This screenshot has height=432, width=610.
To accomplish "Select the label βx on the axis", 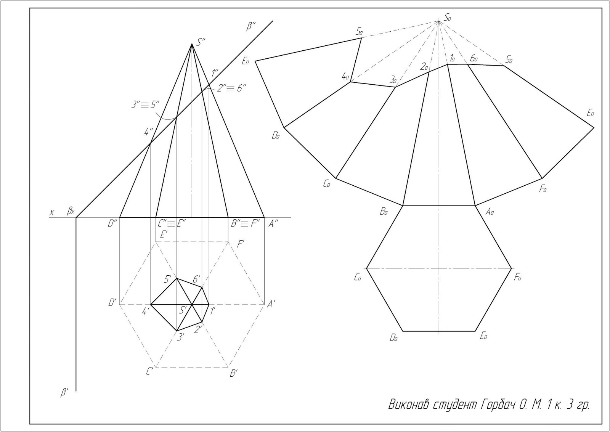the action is (x=71, y=211).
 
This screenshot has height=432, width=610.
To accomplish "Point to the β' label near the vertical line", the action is (x=64, y=392).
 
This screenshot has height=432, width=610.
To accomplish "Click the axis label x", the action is (x=52, y=212).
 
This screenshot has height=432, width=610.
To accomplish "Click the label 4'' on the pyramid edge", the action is (x=148, y=132).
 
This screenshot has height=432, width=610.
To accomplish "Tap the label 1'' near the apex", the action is (x=215, y=72).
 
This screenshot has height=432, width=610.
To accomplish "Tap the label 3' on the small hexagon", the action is (x=181, y=336).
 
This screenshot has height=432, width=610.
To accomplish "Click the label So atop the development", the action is (x=448, y=18).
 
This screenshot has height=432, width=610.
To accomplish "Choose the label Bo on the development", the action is (x=384, y=212).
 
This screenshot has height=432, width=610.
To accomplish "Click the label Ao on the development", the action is (x=490, y=212).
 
